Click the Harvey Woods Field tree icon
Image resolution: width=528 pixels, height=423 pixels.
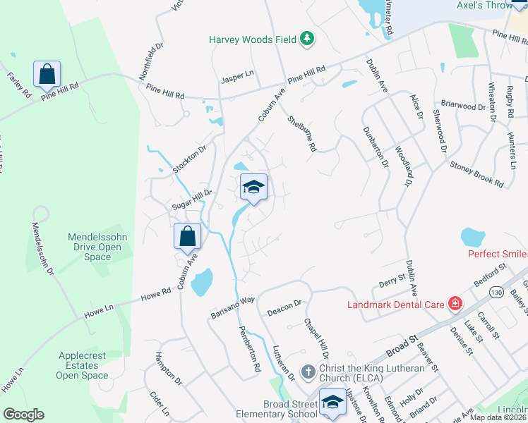(x=307, y=39)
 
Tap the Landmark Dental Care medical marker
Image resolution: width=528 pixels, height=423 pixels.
(x=456, y=304)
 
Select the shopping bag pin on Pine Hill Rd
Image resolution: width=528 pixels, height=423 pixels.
(x=47, y=74)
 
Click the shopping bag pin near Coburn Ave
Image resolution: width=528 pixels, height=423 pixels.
(x=188, y=237)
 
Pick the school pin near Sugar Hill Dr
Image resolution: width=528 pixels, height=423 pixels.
(x=253, y=188)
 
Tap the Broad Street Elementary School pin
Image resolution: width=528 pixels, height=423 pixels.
(x=330, y=403)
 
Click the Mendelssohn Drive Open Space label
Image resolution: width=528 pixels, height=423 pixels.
(x=97, y=247)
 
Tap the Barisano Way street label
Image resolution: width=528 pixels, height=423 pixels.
(x=232, y=309)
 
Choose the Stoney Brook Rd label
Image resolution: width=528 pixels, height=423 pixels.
(x=477, y=174)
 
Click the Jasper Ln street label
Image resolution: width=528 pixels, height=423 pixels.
(x=237, y=73)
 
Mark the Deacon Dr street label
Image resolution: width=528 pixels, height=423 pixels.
(x=284, y=308)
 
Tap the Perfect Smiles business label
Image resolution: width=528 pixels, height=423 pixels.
(x=497, y=253)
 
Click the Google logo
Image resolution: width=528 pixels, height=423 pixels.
(x=23, y=415)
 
